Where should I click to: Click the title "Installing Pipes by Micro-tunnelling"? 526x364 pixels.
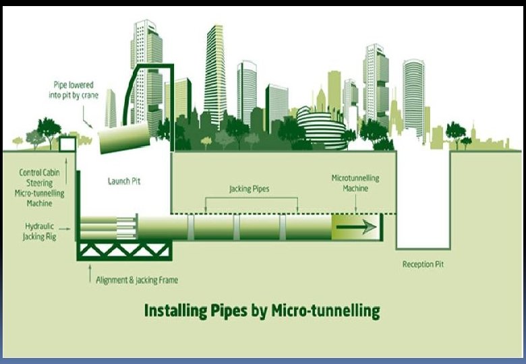point(262,311)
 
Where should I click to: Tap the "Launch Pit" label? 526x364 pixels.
point(124,181)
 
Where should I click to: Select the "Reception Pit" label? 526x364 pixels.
point(423,264)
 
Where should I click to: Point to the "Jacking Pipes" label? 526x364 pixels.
point(249,189)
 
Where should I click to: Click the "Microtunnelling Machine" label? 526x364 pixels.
point(355,183)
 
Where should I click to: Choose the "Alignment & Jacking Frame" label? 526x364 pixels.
point(137,280)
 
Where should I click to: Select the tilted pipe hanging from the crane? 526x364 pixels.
point(123,138)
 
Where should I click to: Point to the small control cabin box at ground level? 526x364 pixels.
point(67,144)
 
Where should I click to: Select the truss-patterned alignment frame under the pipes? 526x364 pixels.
point(124,250)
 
